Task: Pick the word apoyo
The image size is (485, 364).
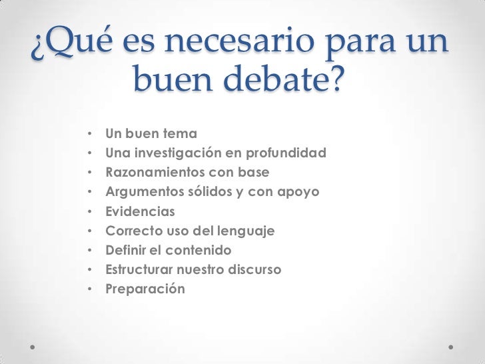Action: pyautogui.click(x=297, y=193)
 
